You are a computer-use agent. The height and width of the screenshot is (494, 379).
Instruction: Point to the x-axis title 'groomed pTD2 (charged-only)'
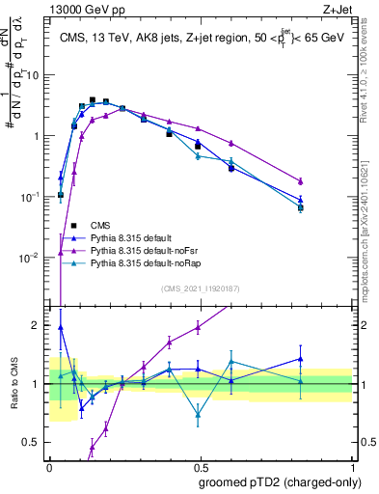click(281, 483)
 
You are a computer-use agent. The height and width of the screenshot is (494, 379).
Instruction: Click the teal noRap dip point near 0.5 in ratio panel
click(198, 416)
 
